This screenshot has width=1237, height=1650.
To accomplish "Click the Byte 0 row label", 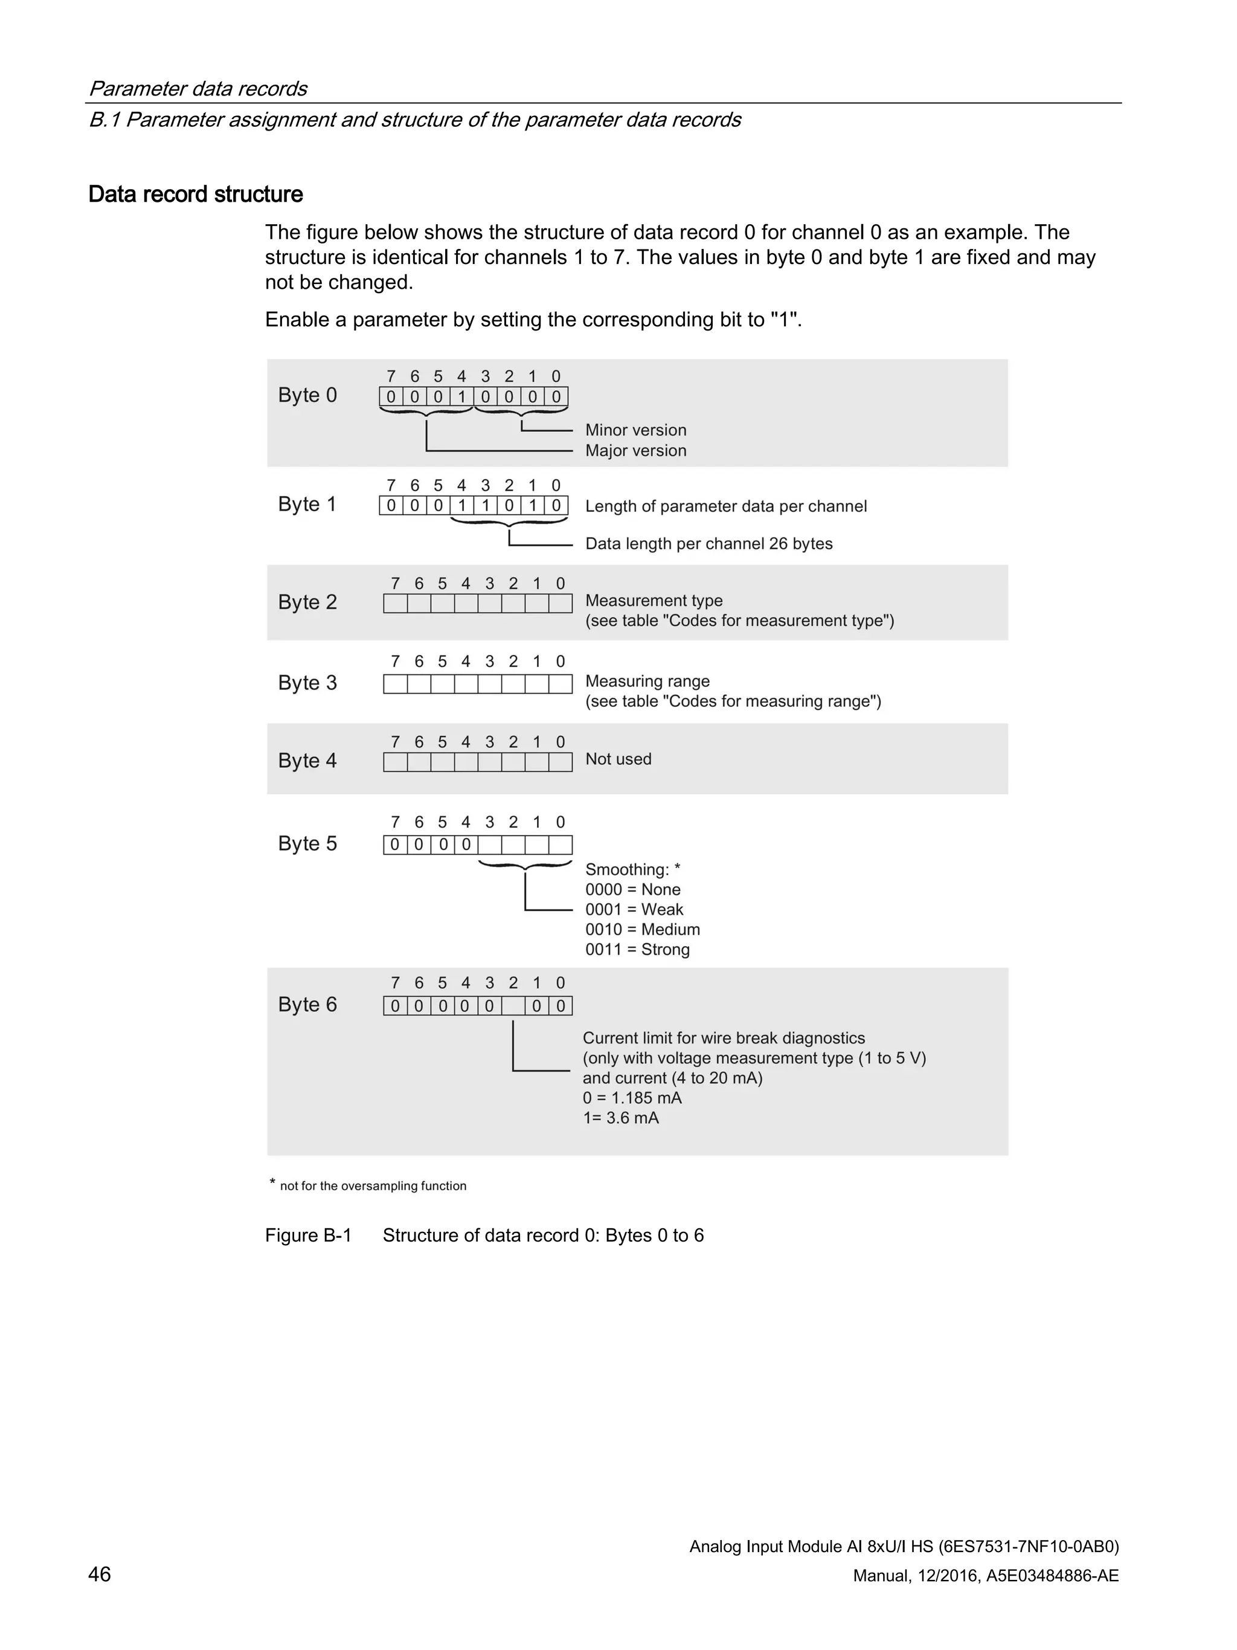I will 307,395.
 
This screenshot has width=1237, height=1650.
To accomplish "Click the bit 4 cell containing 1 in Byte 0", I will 461,397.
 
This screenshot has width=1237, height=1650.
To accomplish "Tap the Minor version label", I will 635,430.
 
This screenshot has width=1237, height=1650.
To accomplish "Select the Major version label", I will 635,451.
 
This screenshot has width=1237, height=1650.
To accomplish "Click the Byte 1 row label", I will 307,504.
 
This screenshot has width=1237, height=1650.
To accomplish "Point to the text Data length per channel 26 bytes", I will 708,544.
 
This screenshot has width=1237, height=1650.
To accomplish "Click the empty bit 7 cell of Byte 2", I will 395,604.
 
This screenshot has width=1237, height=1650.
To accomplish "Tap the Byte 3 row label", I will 307,683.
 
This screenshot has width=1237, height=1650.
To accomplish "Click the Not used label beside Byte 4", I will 618,759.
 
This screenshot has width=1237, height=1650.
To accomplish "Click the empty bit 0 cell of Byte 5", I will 561,845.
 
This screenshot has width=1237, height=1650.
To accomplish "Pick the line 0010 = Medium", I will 642,929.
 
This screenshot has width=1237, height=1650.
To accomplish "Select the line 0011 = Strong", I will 637,950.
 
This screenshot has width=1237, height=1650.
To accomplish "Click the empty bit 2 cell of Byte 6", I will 513,1007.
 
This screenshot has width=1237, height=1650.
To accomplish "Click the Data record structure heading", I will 195,195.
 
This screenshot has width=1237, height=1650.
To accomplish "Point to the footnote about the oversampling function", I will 372,1186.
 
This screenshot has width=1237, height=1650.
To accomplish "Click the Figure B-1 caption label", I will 308,1236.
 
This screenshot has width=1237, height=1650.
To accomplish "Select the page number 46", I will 100,1574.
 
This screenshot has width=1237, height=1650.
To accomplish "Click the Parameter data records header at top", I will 198,89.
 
